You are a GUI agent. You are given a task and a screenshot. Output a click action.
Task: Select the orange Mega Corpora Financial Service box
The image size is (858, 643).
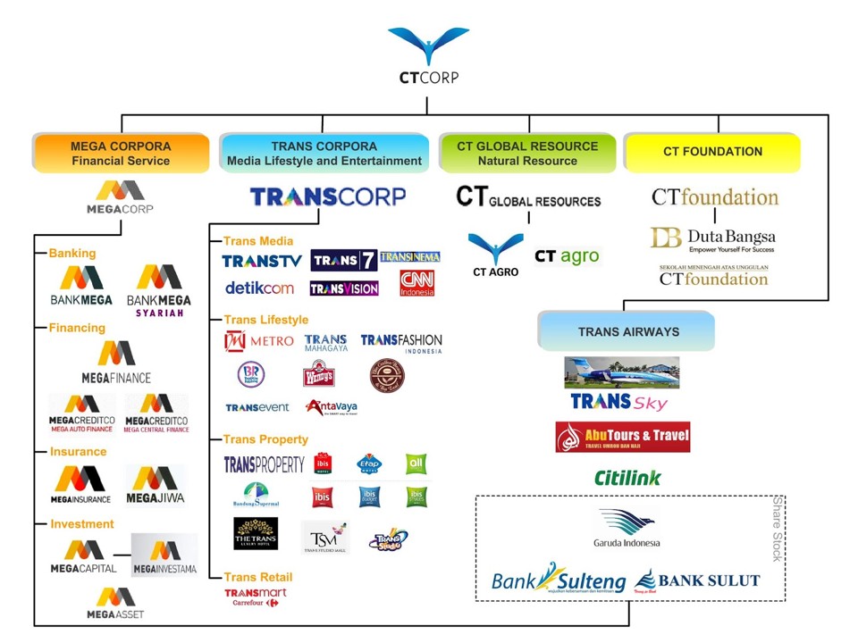[x=121, y=153]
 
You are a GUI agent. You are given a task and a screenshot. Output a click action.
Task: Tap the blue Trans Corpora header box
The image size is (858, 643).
[x=324, y=153]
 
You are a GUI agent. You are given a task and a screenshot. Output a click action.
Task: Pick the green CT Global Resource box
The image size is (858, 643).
[x=527, y=153]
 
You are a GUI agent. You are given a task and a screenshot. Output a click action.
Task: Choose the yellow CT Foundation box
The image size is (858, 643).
[x=712, y=152]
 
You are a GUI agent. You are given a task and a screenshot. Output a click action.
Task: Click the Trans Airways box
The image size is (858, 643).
[x=627, y=331]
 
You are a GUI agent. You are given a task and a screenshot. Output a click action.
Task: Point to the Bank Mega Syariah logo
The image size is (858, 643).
[x=159, y=289]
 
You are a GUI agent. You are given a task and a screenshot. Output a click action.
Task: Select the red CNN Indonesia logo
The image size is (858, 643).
[x=416, y=283]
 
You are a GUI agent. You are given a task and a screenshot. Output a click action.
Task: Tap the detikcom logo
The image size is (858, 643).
[x=259, y=288]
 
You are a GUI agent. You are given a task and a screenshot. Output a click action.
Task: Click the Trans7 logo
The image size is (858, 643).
[x=343, y=260]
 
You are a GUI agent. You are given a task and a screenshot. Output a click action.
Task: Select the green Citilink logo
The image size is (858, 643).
[x=627, y=478]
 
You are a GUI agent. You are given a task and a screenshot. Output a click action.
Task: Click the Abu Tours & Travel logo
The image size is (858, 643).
[x=622, y=437]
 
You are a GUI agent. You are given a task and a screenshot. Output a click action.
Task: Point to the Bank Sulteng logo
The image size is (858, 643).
[x=558, y=580]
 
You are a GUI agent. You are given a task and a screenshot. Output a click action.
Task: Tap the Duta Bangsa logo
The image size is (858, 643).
[x=712, y=239]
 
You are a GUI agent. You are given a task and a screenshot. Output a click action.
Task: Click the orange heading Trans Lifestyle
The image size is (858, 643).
[x=265, y=320]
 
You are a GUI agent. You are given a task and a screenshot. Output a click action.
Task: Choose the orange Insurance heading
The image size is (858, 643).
[x=78, y=451]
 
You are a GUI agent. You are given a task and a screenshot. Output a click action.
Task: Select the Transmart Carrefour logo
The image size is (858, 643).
[x=255, y=597]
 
